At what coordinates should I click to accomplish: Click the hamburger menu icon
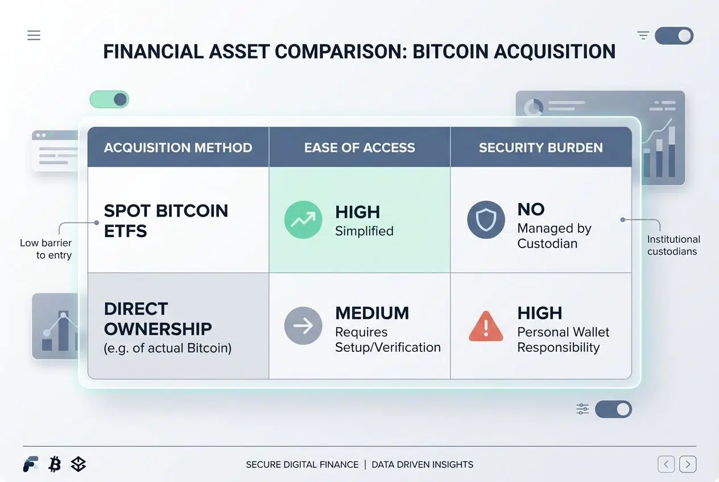34,35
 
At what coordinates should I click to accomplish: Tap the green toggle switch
109,99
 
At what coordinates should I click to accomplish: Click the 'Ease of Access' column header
359,148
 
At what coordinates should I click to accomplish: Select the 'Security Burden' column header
541,148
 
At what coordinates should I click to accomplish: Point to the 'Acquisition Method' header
178,148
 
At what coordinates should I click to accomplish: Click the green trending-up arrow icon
303,219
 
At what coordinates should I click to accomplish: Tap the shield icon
486,219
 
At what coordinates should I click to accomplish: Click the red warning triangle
486,326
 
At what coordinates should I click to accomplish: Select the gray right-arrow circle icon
303,326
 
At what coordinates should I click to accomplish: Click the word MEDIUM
372,313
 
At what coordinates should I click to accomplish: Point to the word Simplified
364,231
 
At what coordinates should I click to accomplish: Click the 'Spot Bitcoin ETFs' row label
166,221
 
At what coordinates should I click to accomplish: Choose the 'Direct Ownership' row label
158,319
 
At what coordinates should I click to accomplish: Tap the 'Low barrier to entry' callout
46,249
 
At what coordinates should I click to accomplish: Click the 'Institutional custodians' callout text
673,246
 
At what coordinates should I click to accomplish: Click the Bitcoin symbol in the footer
55,464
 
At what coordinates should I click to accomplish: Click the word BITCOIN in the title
451,52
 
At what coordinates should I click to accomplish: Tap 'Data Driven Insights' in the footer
423,464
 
